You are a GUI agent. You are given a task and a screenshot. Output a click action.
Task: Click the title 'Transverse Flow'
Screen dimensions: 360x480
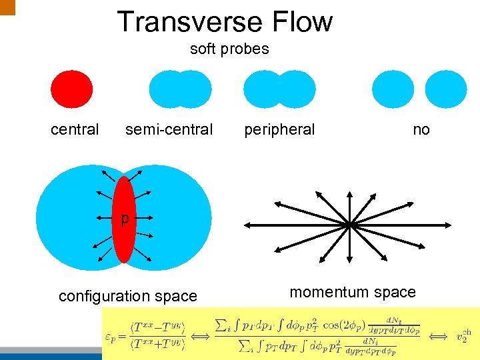225,21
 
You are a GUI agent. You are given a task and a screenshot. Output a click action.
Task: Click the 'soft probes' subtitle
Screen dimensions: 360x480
229,49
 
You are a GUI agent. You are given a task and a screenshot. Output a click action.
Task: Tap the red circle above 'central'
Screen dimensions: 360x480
72,89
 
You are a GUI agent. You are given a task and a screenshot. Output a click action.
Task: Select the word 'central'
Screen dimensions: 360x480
75,129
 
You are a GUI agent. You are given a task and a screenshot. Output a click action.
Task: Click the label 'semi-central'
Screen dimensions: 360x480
169,129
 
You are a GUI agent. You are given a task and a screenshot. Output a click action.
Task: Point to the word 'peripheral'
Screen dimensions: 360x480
279,129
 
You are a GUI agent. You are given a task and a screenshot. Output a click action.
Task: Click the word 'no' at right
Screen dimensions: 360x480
421,129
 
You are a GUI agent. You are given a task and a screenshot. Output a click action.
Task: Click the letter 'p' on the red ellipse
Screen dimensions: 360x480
124,219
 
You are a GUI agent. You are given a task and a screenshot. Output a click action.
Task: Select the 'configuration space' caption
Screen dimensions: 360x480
128,296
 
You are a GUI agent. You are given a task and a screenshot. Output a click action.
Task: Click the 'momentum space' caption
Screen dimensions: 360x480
353,292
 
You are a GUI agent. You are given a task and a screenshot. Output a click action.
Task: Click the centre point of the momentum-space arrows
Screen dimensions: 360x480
349,225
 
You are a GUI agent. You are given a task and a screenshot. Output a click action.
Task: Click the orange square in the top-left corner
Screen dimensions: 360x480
7,7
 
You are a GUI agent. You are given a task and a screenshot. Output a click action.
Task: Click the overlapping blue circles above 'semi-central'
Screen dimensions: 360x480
180,89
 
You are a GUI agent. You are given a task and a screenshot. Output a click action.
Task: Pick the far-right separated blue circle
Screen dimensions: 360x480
446,89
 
